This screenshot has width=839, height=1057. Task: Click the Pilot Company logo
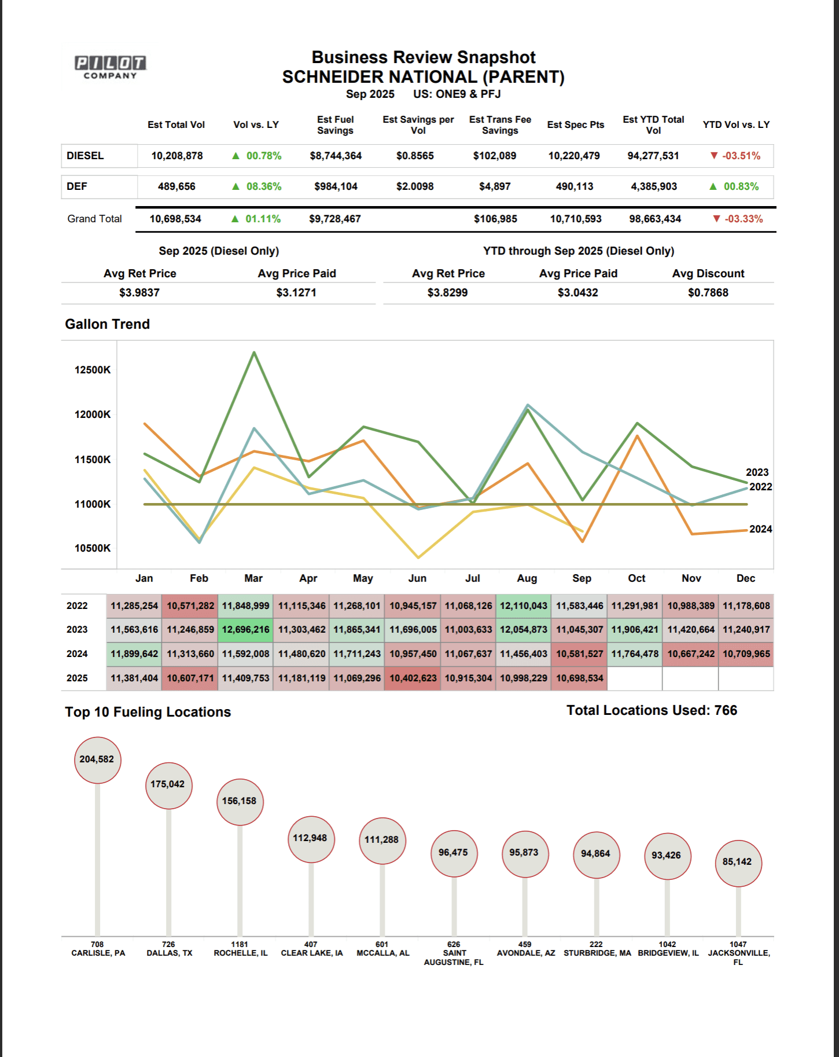[x=111, y=67]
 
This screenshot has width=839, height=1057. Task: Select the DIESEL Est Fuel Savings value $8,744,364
[x=336, y=156]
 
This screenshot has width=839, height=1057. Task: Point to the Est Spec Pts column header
[x=575, y=124]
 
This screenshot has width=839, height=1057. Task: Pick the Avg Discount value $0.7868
[x=708, y=292]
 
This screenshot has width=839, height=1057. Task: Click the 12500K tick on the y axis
[x=93, y=370]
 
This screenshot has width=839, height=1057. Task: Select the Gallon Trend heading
[x=107, y=324]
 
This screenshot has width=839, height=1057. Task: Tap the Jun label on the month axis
[x=417, y=578]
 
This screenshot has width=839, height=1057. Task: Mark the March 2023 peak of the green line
[x=254, y=353]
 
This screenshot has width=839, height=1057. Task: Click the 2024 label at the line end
[x=760, y=529]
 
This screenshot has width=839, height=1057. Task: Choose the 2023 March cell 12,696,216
[x=245, y=630]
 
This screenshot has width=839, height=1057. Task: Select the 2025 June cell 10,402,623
[x=413, y=678]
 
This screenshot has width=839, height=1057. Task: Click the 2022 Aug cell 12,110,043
[x=523, y=605]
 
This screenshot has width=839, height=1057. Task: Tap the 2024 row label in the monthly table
[x=77, y=654]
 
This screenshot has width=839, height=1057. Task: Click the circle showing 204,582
[x=97, y=759]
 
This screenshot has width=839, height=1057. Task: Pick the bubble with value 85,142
[x=738, y=862]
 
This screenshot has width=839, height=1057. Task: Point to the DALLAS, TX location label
[x=169, y=953]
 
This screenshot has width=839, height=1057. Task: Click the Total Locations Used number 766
[x=726, y=710]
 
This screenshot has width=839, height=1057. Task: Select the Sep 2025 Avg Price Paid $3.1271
[x=296, y=292]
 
